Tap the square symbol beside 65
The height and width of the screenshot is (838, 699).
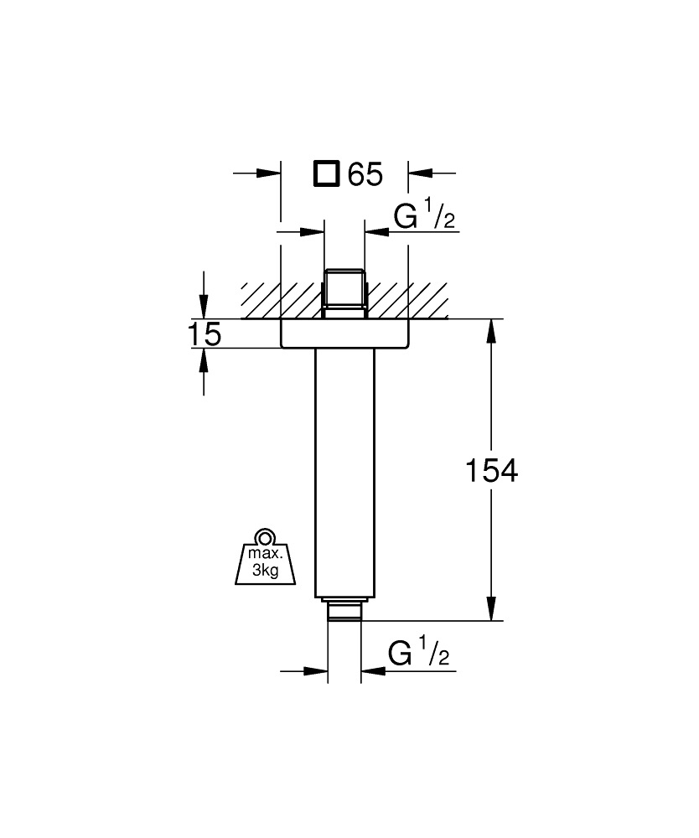coord(326,174)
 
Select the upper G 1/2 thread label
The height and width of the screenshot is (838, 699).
coord(424,216)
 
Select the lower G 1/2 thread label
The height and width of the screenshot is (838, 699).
coord(419,654)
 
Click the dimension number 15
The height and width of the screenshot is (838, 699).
coord(204,334)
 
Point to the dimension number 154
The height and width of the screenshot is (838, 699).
coord(490,471)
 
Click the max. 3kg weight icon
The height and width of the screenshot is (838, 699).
coord(266,560)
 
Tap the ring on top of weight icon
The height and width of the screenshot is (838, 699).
coord(266,536)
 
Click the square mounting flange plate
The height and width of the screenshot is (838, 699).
coord(344,334)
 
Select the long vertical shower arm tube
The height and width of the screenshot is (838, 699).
coord(344,469)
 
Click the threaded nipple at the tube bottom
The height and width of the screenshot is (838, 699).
coord(344,611)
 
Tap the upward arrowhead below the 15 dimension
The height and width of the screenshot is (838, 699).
coord(204,359)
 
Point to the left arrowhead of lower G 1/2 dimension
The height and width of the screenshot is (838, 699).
coord(316,670)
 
